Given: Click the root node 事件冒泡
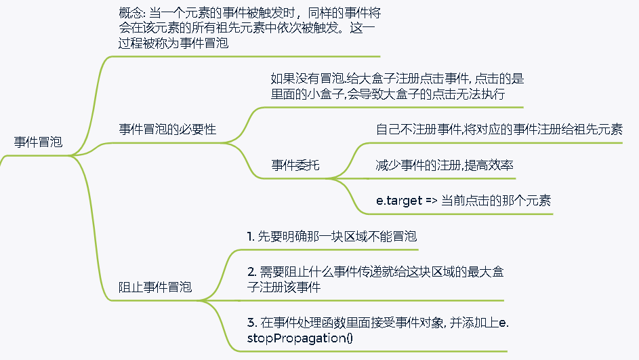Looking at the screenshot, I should pos(38,142).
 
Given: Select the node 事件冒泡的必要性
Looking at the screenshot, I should pos(167,129).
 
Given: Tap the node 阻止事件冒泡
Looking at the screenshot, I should pos(155,287).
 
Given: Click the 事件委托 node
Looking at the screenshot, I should pos(295,164).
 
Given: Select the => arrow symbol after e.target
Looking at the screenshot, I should pos(432,201).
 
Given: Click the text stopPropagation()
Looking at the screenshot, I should pos(297,338).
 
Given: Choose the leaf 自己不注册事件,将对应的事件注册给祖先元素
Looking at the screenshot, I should pos(499,129).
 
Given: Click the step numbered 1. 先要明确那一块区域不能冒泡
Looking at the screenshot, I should pos(331,237).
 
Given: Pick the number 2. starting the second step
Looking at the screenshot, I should pos(251,271).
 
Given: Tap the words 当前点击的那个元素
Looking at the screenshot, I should pos(496,201).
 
